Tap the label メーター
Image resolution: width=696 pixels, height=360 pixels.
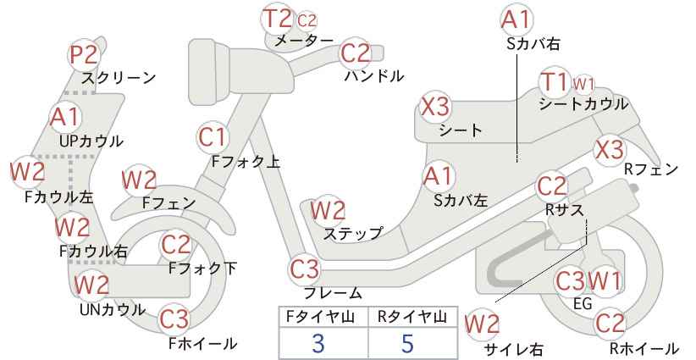(x=304, y=41)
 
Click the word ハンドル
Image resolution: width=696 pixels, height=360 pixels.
(x=374, y=76)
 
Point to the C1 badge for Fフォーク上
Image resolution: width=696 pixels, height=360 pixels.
(x=213, y=137)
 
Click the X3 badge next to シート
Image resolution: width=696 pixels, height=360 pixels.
(x=435, y=107)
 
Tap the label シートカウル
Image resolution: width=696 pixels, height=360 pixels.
(x=583, y=104)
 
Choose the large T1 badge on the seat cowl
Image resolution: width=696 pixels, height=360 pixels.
(x=555, y=82)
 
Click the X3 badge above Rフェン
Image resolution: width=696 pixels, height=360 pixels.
(x=609, y=150)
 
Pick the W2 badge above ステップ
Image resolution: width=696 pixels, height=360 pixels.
(x=328, y=210)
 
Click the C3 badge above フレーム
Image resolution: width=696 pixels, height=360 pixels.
(x=305, y=269)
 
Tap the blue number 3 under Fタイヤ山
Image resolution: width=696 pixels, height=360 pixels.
(x=318, y=343)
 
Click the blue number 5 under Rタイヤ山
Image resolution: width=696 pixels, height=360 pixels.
(x=407, y=343)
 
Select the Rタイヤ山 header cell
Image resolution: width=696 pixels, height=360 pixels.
(x=412, y=317)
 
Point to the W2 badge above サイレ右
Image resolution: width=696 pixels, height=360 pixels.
(x=482, y=325)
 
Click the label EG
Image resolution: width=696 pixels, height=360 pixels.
(x=583, y=303)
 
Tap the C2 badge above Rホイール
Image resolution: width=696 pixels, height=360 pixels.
(x=610, y=324)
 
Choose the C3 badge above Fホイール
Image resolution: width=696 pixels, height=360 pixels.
(x=174, y=319)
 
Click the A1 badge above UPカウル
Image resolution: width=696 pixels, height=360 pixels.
(x=65, y=117)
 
